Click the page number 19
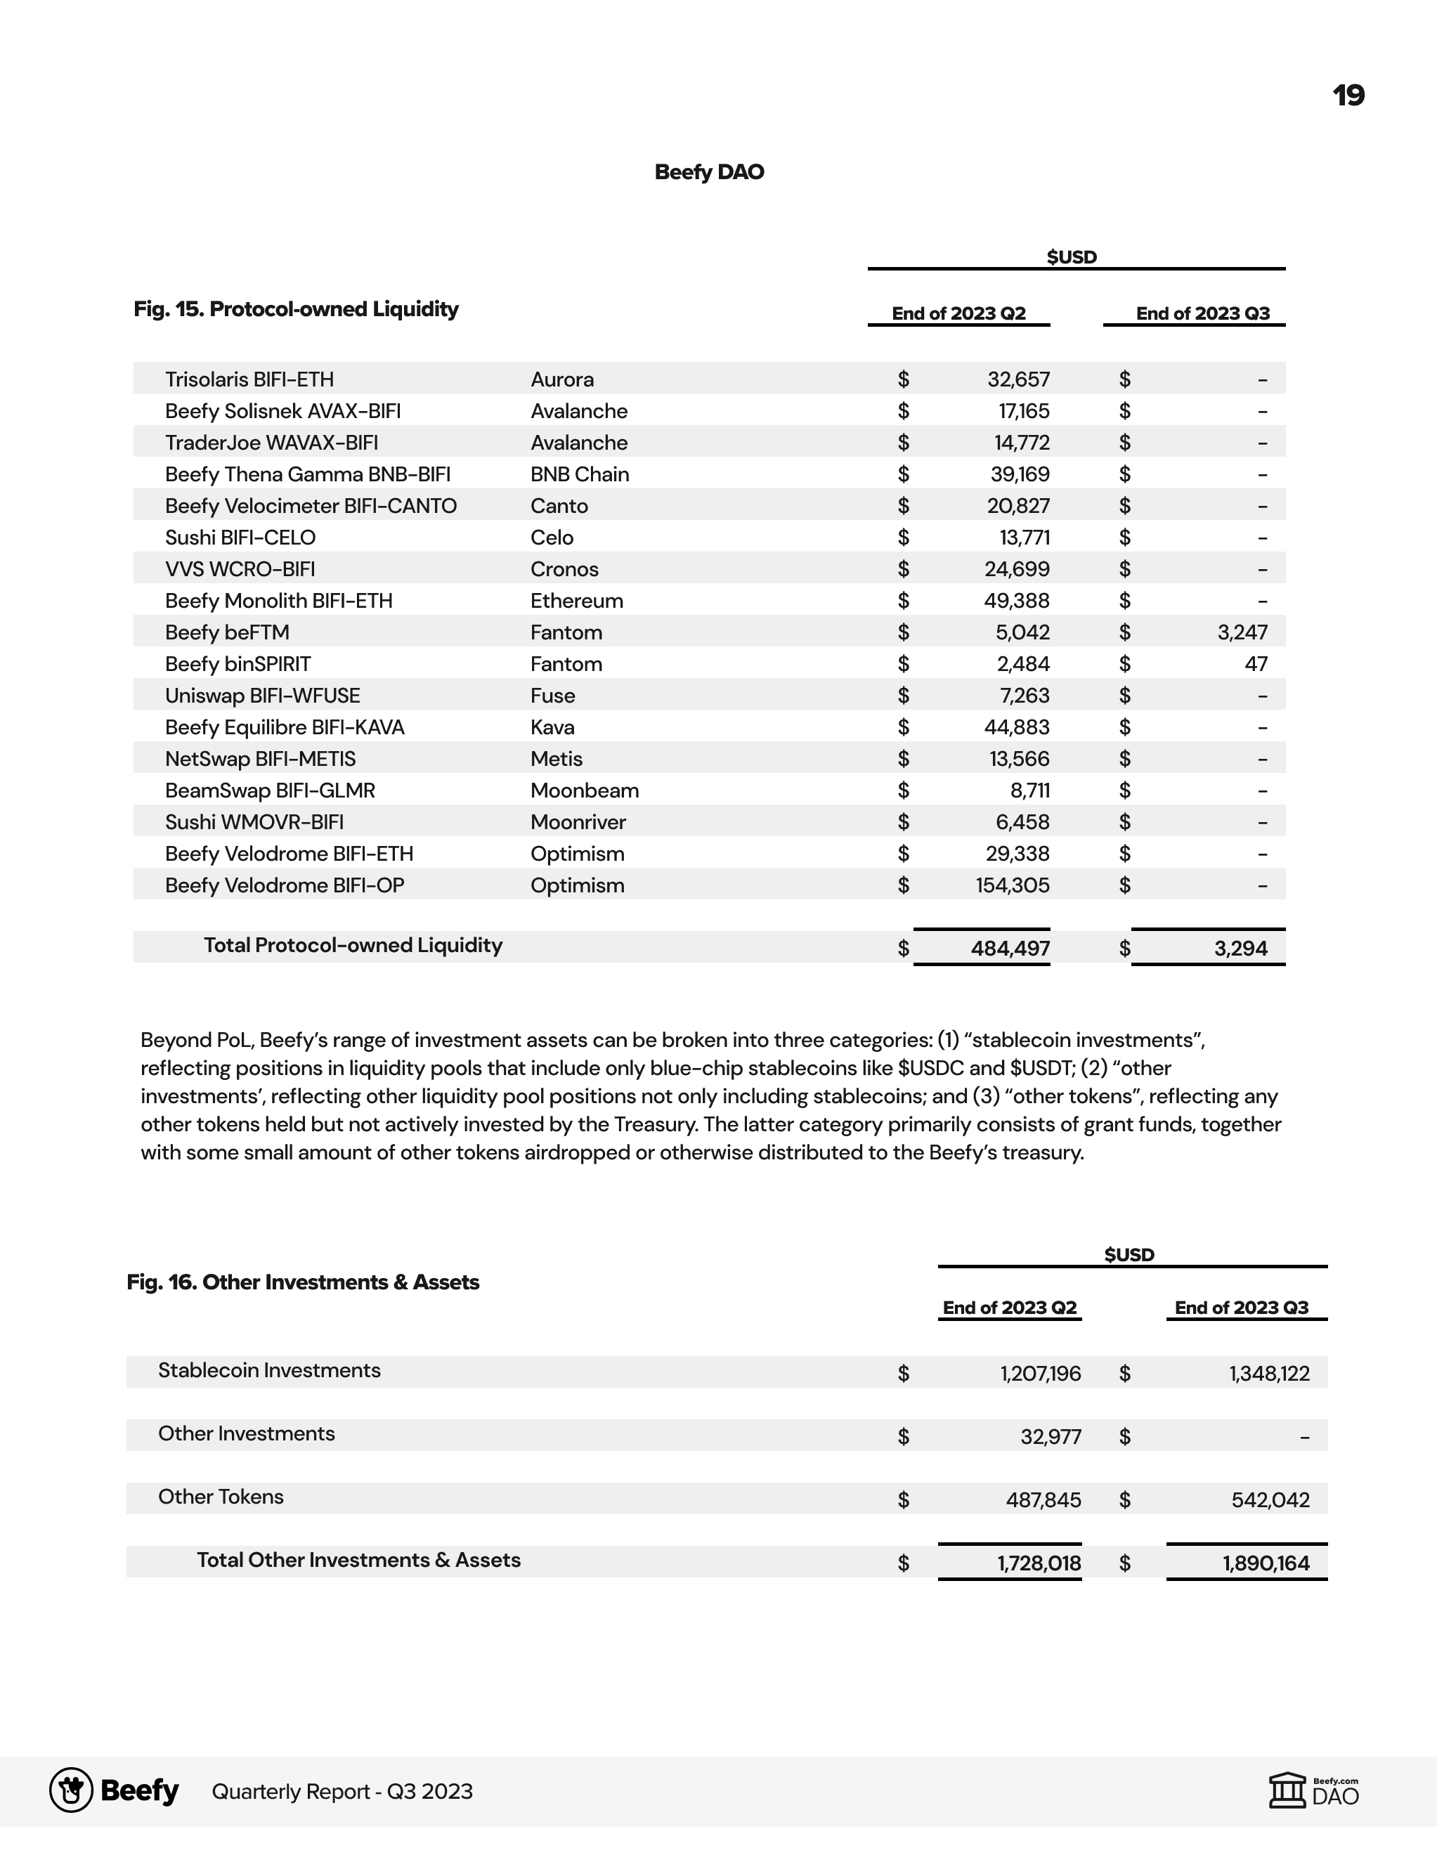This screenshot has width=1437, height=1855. coord(1348,95)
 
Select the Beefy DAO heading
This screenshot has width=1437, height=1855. coord(709,172)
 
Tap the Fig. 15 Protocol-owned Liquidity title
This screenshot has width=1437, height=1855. coord(296,309)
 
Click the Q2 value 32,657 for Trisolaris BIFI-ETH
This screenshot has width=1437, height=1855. coord(1018,379)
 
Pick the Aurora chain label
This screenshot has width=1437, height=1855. coord(562,379)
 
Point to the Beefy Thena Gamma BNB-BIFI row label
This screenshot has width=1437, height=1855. coord(308,475)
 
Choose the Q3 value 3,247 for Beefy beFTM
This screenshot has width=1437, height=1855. coord(1242,633)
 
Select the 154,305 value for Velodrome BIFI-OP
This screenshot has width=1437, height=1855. coord(1013,886)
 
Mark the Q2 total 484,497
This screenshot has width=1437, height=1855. coord(1010,949)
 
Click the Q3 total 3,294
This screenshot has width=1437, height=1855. coord(1240,949)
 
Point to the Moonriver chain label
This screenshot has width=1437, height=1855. coord(578,822)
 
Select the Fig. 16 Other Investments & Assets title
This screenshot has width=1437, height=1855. coord(302,1282)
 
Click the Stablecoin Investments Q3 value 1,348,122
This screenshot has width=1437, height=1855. coord(1269,1374)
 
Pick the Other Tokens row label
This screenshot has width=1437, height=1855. coord(221,1497)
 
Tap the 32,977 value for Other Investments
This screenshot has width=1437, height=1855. coord(1051,1437)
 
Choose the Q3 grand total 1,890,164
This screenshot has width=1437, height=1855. coord(1266,1563)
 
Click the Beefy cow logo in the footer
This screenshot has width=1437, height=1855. coord(72,1790)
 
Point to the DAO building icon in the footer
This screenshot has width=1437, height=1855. coord(1287,1790)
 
